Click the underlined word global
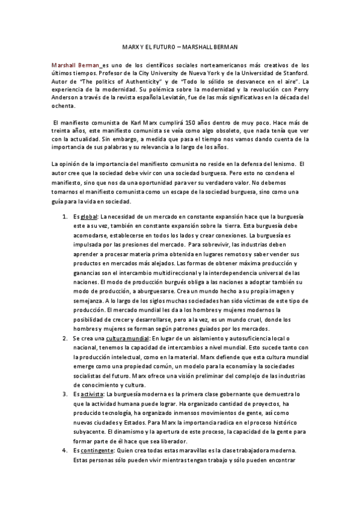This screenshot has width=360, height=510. (x=89, y=217)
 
